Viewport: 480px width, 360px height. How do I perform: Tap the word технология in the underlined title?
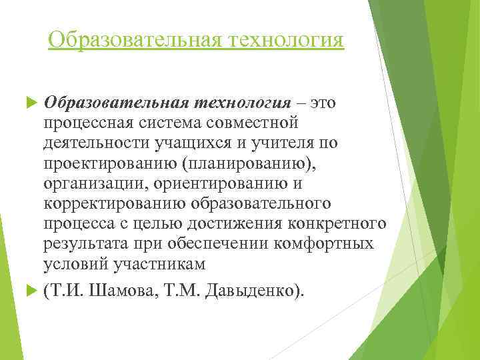(287, 39)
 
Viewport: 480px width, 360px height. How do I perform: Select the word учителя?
(285, 143)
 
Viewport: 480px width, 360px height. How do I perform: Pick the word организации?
(91, 183)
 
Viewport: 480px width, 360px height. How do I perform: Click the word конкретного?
(340, 223)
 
